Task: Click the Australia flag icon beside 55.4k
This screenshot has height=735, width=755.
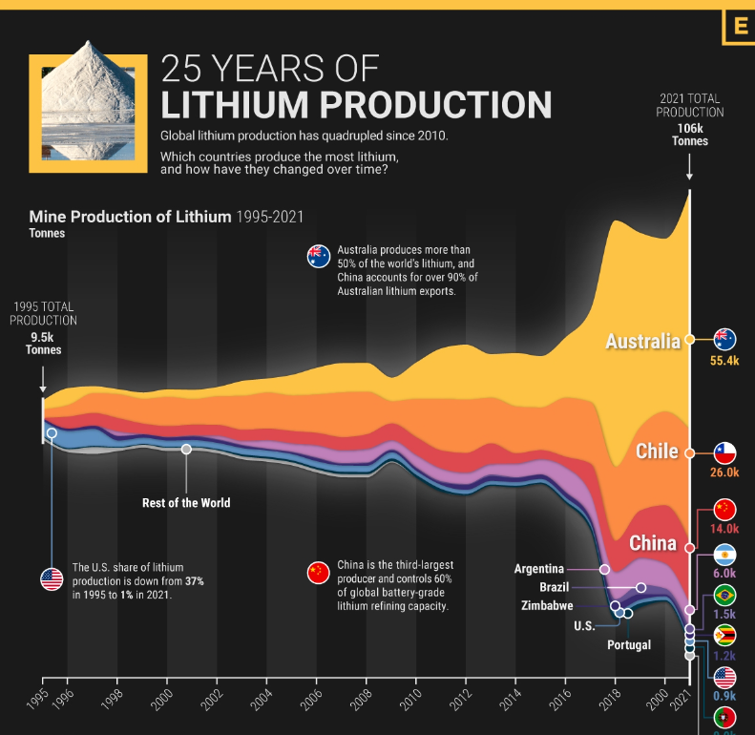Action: [x=724, y=340]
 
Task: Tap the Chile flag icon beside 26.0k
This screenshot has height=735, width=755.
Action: [x=724, y=451]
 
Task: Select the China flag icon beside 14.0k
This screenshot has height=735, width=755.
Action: [x=724, y=509]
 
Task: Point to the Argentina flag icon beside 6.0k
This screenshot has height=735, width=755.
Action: [x=724, y=555]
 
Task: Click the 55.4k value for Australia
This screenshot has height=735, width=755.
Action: [x=724, y=362]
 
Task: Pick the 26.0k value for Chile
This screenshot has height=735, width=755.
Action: [x=724, y=472]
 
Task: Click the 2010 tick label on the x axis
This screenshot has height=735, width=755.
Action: [x=409, y=699]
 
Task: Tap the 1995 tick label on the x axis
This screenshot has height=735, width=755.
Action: [x=37, y=699]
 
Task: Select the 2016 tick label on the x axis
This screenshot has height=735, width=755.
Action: [x=558, y=699]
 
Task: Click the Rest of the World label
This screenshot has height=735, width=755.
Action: [x=186, y=503]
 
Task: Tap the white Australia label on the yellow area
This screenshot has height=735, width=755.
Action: [x=642, y=341]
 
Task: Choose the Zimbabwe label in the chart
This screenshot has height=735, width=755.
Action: [x=547, y=605]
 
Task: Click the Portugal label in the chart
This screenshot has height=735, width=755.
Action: [x=629, y=645]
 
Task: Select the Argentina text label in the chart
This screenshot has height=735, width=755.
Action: [x=538, y=569]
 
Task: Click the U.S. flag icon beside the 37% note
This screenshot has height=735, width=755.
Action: [x=52, y=578]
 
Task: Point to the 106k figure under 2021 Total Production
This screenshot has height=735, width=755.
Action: [x=690, y=126]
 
